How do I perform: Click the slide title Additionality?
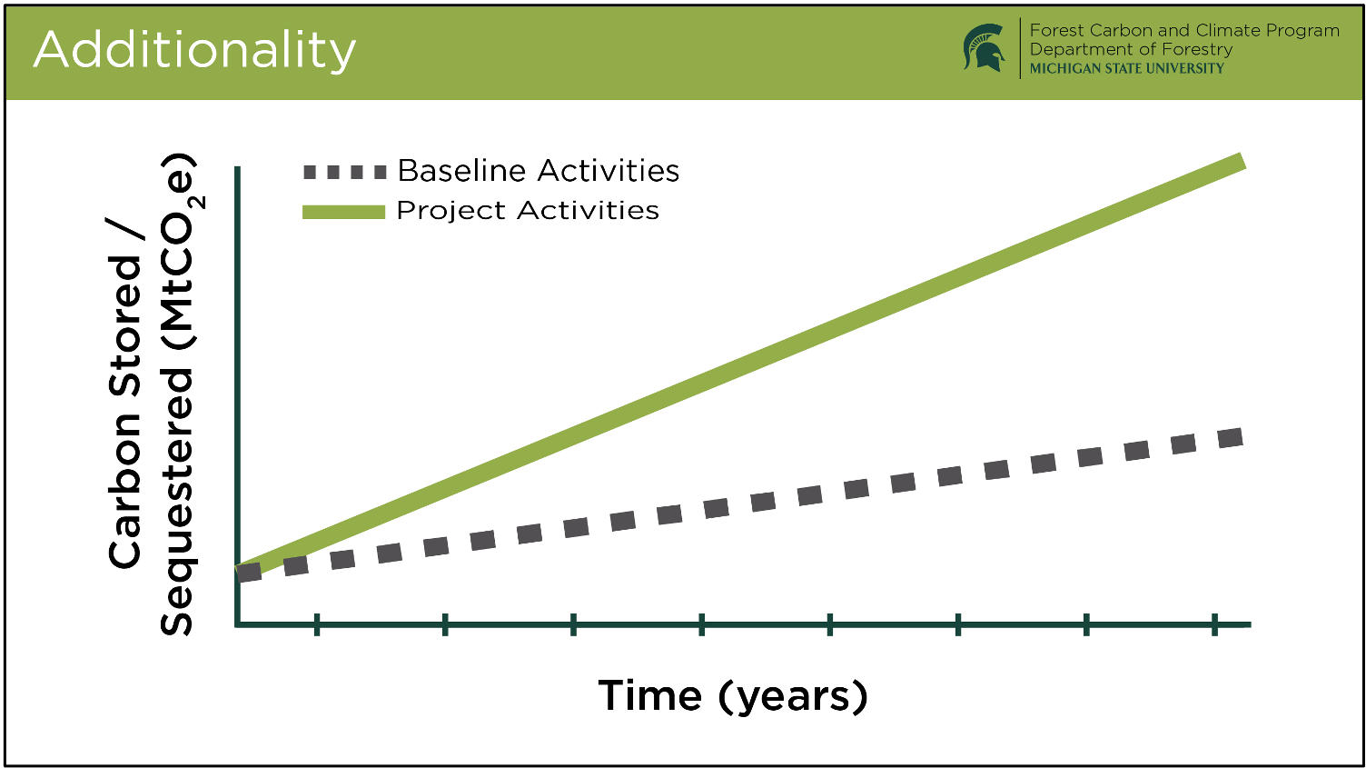click(x=194, y=51)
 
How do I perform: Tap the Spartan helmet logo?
click(x=985, y=47)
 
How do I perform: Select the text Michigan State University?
click(x=1127, y=68)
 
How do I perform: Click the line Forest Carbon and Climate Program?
click(x=1185, y=30)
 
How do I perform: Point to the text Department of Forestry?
click(x=1132, y=49)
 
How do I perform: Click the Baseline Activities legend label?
click(x=539, y=171)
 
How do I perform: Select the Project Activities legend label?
click(x=528, y=211)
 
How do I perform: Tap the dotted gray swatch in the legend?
click(x=345, y=172)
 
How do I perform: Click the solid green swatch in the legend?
click(x=344, y=212)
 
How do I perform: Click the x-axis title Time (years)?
click(x=732, y=696)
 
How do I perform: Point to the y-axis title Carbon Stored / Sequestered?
click(x=153, y=394)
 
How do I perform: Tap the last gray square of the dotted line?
click(x=1230, y=438)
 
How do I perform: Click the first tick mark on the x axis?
click(x=317, y=624)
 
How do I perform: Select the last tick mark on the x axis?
click(x=1214, y=624)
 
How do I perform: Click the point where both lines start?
click(x=239, y=571)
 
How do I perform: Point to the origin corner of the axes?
click(x=238, y=624)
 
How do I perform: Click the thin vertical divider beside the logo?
click(x=1020, y=48)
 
